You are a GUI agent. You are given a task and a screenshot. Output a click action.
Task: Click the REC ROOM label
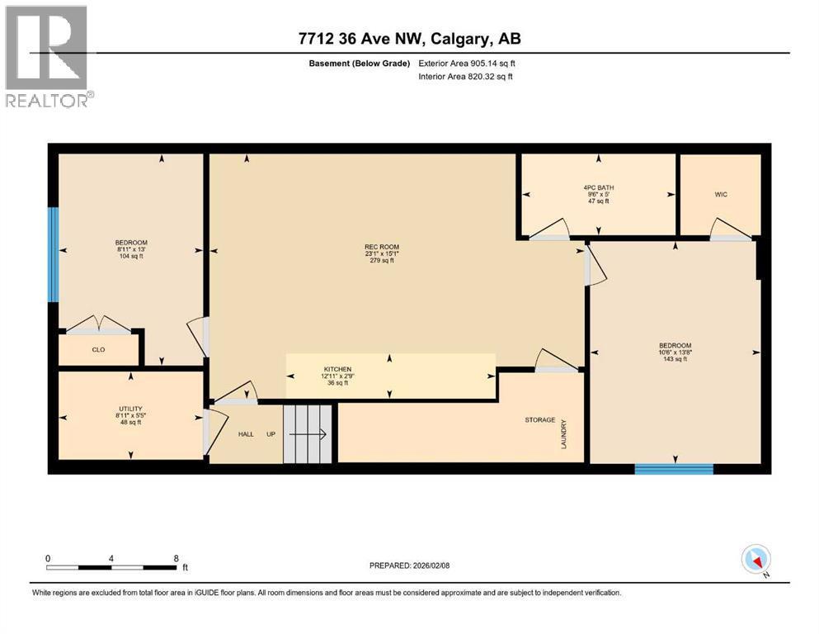381,246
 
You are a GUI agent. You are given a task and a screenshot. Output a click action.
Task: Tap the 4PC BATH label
598,187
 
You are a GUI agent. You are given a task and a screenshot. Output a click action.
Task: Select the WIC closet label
720,194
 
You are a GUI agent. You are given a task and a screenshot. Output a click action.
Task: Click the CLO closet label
98,349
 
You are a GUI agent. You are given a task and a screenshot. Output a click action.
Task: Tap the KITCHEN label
337,369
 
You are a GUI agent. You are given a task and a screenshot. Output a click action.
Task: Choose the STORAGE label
540,420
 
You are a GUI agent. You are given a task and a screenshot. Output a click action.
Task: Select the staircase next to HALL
309,433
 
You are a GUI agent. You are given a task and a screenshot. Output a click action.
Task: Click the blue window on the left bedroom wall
53,254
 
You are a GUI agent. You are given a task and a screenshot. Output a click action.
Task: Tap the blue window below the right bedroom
674,469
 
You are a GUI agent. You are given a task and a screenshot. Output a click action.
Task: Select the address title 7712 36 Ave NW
409,39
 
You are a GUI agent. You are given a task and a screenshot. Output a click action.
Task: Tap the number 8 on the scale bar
176,558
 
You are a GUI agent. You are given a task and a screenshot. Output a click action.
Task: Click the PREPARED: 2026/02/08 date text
409,565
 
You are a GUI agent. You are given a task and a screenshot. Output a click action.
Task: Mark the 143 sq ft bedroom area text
675,359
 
